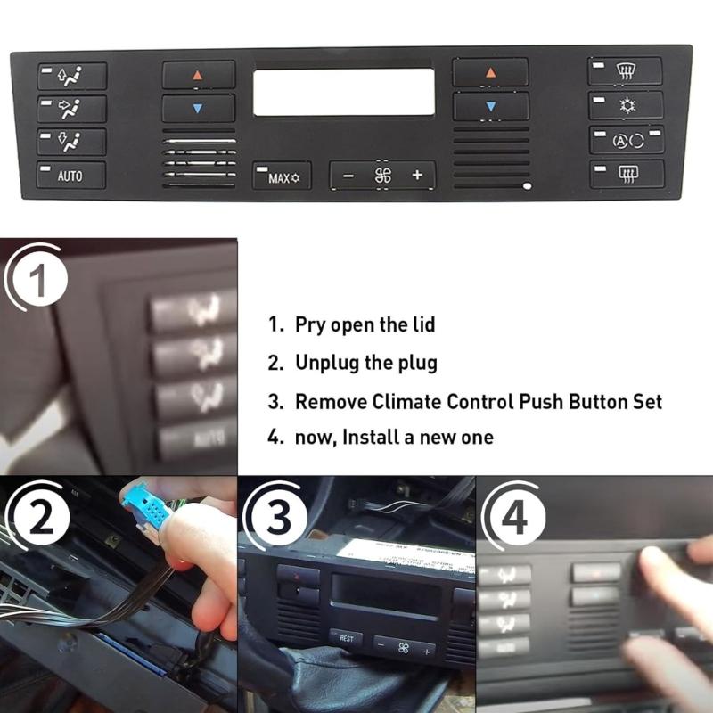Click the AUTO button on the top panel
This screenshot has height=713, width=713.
click(x=71, y=176)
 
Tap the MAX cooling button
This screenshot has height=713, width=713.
click(x=281, y=176)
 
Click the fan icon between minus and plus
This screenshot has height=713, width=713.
click(x=383, y=175)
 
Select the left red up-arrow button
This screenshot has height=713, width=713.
click(x=198, y=75)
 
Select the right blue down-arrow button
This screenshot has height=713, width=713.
click(x=489, y=107)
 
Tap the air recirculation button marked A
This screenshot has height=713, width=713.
click(x=627, y=140)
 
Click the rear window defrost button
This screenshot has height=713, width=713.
click(x=627, y=174)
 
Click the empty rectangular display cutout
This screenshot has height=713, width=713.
click(x=343, y=93)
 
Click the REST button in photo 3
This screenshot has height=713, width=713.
click(x=347, y=638)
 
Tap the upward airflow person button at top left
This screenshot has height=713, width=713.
click(x=71, y=75)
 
